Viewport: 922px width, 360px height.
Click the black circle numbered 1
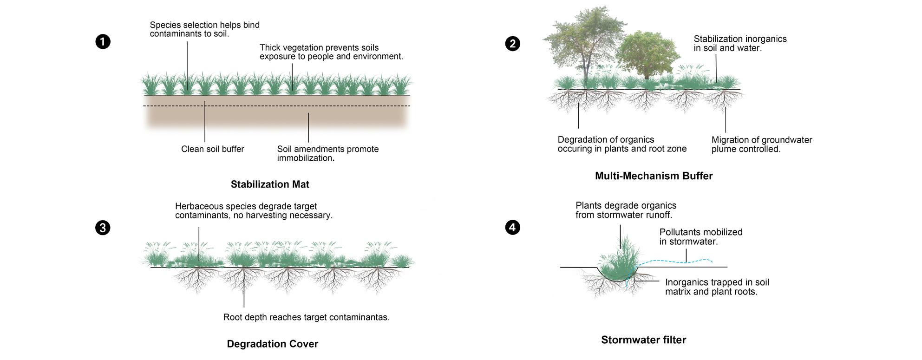(103, 42)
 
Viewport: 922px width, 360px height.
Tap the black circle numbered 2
(512, 44)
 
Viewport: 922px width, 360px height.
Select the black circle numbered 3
(103, 228)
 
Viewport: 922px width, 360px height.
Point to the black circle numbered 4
(512, 227)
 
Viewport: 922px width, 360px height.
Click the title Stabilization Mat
(270, 184)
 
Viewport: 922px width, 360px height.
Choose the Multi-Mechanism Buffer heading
(654, 176)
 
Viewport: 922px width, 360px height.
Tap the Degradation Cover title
(272, 344)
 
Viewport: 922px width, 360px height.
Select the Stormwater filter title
(643, 340)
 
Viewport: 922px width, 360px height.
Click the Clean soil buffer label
(212, 149)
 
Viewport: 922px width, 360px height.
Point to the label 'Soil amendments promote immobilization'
(327, 153)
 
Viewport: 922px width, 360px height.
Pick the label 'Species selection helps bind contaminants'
(204, 29)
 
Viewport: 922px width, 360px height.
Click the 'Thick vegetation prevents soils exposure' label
(331, 52)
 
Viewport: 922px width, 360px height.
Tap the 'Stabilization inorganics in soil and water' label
(740, 43)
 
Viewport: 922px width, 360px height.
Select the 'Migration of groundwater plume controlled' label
(761, 144)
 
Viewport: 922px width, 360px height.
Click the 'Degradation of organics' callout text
(621, 144)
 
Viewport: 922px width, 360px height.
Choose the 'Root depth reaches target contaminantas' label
(306, 317)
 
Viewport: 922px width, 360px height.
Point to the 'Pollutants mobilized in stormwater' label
(700, 237)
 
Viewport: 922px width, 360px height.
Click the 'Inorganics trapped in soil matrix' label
(717, 287)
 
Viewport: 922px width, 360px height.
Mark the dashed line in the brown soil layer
(276, 106)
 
